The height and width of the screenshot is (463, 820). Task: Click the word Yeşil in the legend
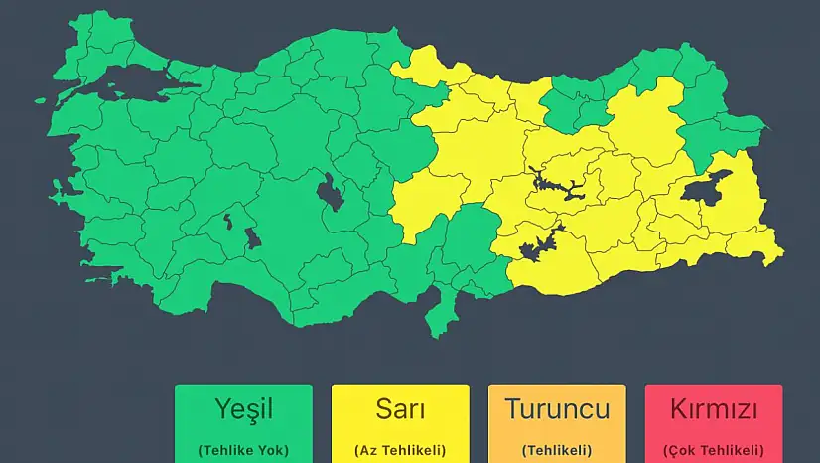(243, 408)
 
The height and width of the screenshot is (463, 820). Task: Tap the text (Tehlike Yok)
(243, 449)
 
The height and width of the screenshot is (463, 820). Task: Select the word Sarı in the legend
(400, 408)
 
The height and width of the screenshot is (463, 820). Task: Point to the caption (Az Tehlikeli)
(400, 449)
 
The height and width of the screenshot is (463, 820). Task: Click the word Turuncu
(557, 408)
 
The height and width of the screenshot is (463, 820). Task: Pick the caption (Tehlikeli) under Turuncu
(557, 449)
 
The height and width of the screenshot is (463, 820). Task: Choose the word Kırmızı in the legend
(714, 408)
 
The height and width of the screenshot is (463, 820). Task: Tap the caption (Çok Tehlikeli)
(714, 449)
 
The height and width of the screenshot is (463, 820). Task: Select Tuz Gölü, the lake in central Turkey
(331, 192)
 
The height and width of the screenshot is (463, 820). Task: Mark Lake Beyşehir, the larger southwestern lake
(252, 237)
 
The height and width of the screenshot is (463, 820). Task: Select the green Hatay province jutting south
(437, 318)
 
